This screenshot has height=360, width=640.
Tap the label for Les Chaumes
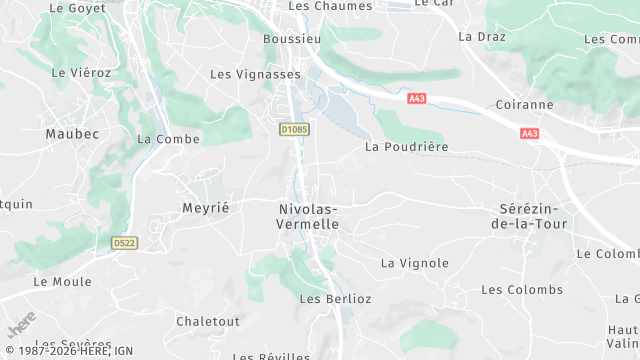pos(330,6)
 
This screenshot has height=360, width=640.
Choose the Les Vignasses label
pos(255,74)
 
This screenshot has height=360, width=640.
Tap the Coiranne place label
pos(524,104)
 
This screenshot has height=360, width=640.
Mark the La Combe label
pos(162,139)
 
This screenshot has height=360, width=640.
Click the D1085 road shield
pos(294,129)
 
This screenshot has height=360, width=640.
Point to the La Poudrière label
pos(406,146)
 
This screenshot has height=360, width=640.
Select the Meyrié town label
pos(206,207)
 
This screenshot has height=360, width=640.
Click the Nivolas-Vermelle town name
pos(307,216)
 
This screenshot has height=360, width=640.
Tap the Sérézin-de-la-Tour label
pos(532,216)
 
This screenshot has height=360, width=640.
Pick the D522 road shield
pos(124,243)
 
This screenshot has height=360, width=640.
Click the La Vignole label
pos(414,263)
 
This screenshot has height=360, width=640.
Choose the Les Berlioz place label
pos(335,298)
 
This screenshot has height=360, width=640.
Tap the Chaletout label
pos(208,321)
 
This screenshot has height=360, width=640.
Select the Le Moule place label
pos(62,282)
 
